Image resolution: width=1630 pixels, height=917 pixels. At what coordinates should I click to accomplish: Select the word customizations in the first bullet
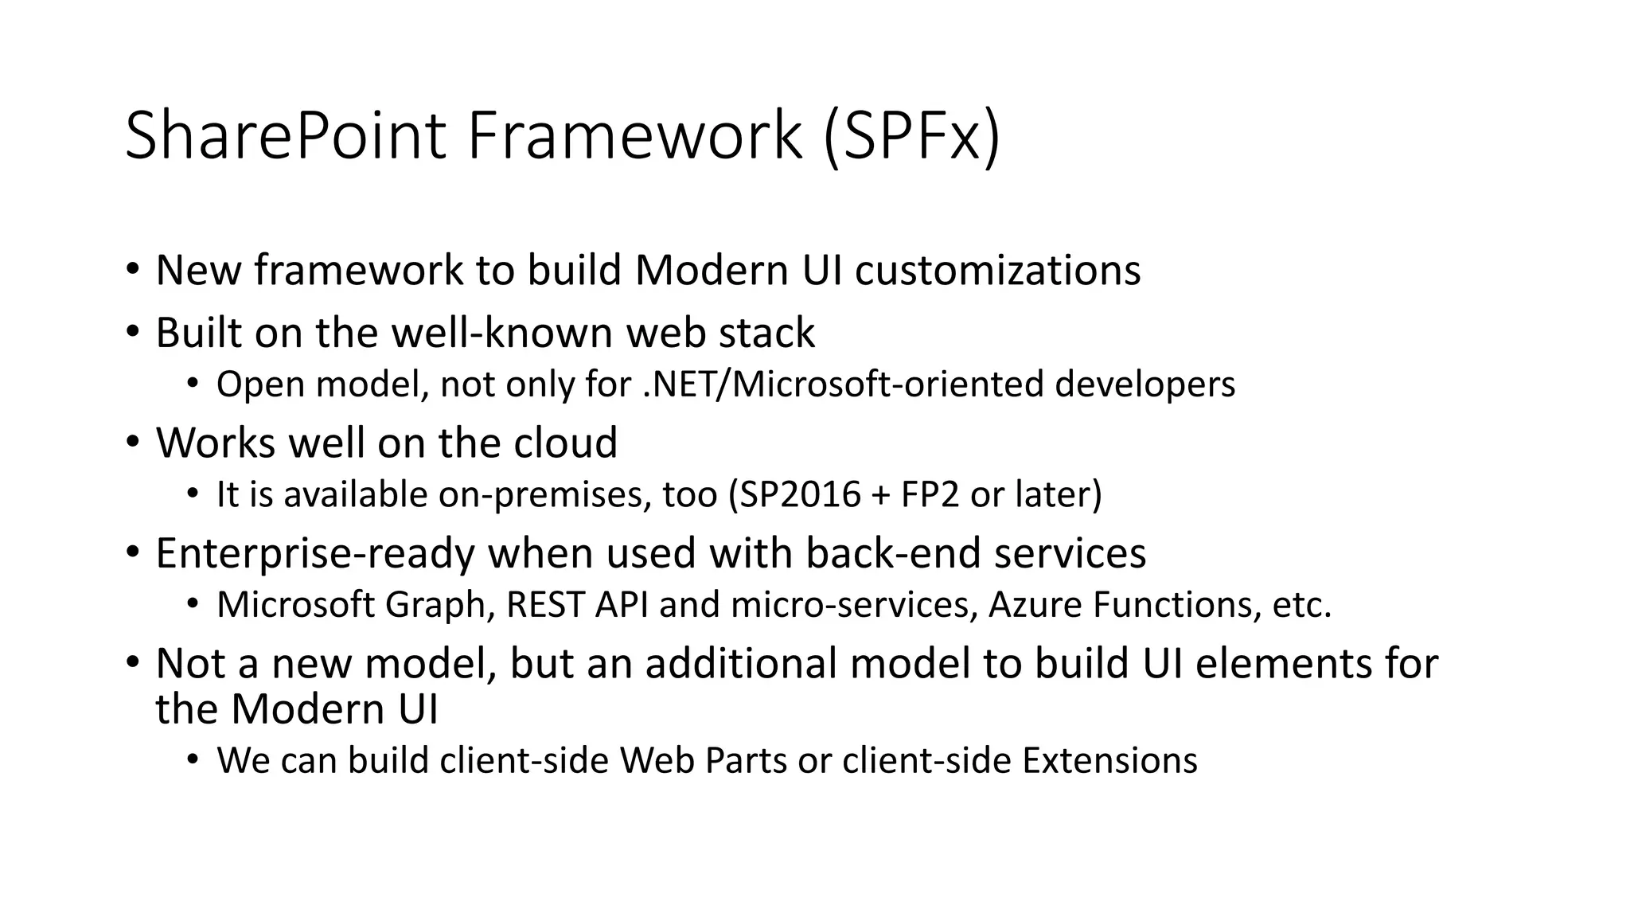(x=997, y=271)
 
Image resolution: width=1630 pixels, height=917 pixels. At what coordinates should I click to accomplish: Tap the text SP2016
(x=800, y=494)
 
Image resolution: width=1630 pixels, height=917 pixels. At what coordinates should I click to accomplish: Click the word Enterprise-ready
(x=314, y=553)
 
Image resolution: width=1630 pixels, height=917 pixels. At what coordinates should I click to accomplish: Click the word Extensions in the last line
(x=1109, y=760)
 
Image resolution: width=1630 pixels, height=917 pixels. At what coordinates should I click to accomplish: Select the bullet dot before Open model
(x=192, y=384)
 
